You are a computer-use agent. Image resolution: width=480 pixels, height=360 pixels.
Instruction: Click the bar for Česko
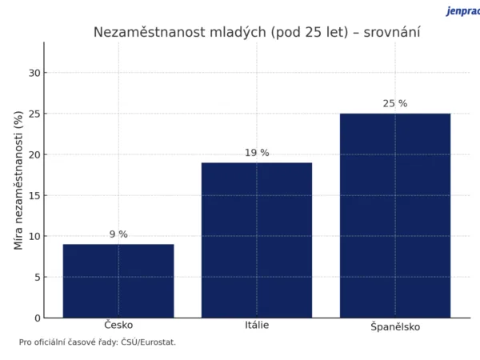coord(118,281)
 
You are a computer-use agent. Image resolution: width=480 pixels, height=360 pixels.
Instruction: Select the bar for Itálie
coord(257,240)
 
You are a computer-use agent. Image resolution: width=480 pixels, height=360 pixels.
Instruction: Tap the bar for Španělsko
coord(395,215)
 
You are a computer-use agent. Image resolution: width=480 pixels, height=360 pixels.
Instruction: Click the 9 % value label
coord(118,234)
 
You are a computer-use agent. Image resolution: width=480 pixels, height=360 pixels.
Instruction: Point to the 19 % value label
coord(257,153)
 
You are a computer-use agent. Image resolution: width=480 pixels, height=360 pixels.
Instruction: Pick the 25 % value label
coord(395,104)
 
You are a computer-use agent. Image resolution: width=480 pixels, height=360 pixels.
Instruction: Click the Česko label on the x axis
coord(118,325)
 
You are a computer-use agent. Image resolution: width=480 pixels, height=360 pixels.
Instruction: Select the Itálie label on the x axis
coord(257,325)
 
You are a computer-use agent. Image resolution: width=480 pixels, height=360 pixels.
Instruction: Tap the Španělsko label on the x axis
coord(395,326)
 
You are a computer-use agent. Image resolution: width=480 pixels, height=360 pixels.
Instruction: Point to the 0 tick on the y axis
coord(36,318)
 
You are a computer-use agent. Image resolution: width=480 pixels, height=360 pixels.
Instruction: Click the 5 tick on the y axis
coord(36,278)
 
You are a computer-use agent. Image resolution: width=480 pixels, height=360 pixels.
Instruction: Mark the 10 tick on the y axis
coord(34,237)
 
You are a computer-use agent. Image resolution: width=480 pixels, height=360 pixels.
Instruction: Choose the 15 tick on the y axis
coord(34,196)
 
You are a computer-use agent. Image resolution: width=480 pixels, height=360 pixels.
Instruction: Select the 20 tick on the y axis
coord(34,155)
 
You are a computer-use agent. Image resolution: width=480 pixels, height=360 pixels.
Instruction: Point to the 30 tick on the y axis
coord(34,74)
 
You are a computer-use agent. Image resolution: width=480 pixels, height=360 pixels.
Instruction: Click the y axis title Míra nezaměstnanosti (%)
coord(18,180)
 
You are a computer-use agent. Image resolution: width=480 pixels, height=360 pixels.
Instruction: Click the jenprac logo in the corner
coord(462,11)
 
